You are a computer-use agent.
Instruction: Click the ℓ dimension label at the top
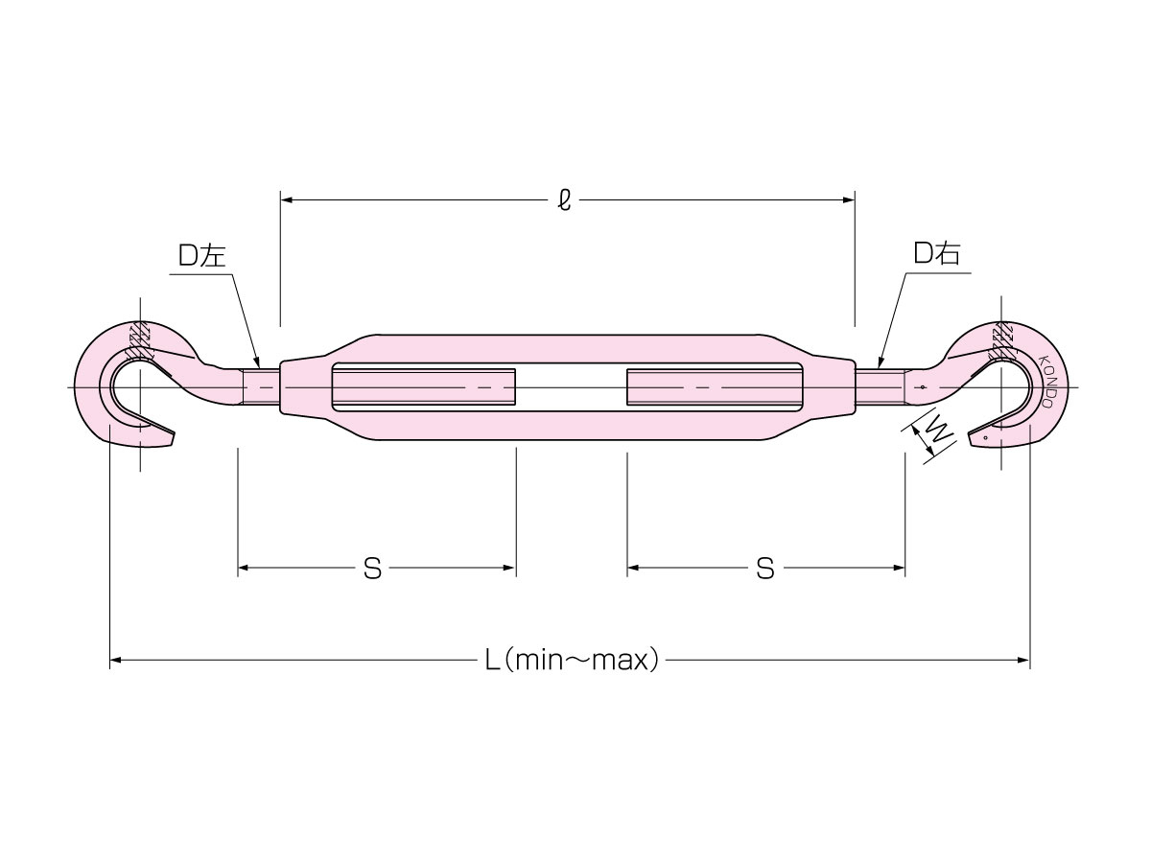click(x=564, y=199)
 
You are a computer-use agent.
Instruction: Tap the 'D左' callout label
click(x=201, y=256)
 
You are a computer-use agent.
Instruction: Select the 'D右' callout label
click(x=936, y=253)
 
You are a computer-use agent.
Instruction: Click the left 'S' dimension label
click(x=372, y=569)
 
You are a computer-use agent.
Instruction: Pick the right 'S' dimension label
click(x=765, y=569)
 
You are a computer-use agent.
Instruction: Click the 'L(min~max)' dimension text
click(x=572, y=661)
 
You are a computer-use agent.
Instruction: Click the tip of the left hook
click(x=174, y=433)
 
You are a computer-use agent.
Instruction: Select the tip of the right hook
click(x=969, y=435)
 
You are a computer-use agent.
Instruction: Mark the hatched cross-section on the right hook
click(x=1000, y=341)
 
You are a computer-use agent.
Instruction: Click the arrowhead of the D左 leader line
click(x=257, y=362)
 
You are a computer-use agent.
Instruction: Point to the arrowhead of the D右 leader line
click(x=881, y=362)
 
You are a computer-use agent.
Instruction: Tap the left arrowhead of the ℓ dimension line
click(x=286, y=199)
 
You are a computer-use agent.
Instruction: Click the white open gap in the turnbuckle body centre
click(x=571, y=387)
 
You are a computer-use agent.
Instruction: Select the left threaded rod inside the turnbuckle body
click(x=424, y=387)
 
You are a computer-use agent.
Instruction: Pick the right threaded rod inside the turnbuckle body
click(x=715, y=387)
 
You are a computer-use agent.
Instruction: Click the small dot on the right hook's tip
click(x=986, y=437)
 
